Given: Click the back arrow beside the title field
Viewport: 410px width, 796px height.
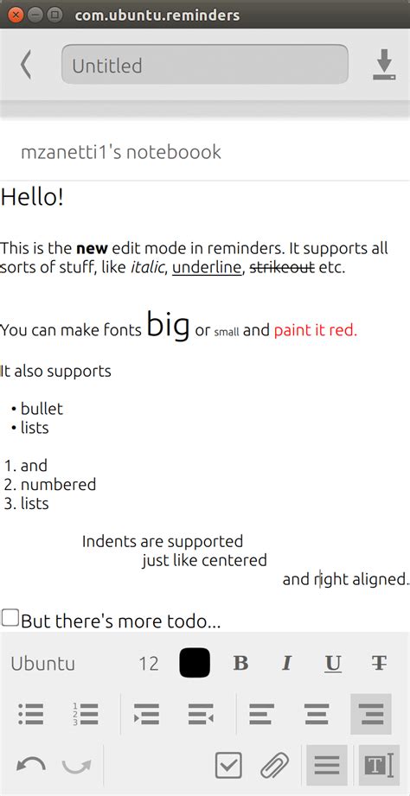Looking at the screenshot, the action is click(x=26, y=65).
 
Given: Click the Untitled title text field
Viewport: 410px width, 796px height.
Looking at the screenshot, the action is click(x=205, y=65).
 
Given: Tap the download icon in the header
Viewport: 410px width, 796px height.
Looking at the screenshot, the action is click(x=384, y=65).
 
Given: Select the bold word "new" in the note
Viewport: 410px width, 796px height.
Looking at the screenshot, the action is click(x=92, y=249).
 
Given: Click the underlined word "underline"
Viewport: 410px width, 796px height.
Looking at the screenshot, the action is click(x=206, y=268).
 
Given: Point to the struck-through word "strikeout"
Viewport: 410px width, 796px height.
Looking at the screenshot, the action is click(x=283, y=268).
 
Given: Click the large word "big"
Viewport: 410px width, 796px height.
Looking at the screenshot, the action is click(x=168, y=326).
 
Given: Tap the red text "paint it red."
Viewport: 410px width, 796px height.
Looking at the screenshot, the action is click(x=316, y=330).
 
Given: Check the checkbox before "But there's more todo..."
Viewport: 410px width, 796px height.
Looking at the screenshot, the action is click(x=10, y=618).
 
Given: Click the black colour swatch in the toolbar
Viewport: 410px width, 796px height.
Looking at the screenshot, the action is click(x=195, y=663).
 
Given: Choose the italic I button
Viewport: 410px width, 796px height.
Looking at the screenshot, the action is click(x=287, y=663).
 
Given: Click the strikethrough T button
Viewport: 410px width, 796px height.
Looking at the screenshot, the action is click(x=379, y=663).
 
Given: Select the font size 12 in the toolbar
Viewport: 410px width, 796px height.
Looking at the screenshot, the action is click(x=149, y=664).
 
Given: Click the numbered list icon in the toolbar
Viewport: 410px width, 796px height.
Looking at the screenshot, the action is click(x=86, y=714).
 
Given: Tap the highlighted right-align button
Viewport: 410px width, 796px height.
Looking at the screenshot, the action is click(x=371, y=714).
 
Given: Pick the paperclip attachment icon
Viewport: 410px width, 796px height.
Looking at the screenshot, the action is click(x=275, y=766).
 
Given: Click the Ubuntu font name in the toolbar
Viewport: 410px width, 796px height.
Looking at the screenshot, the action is click(x=42, y=664).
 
